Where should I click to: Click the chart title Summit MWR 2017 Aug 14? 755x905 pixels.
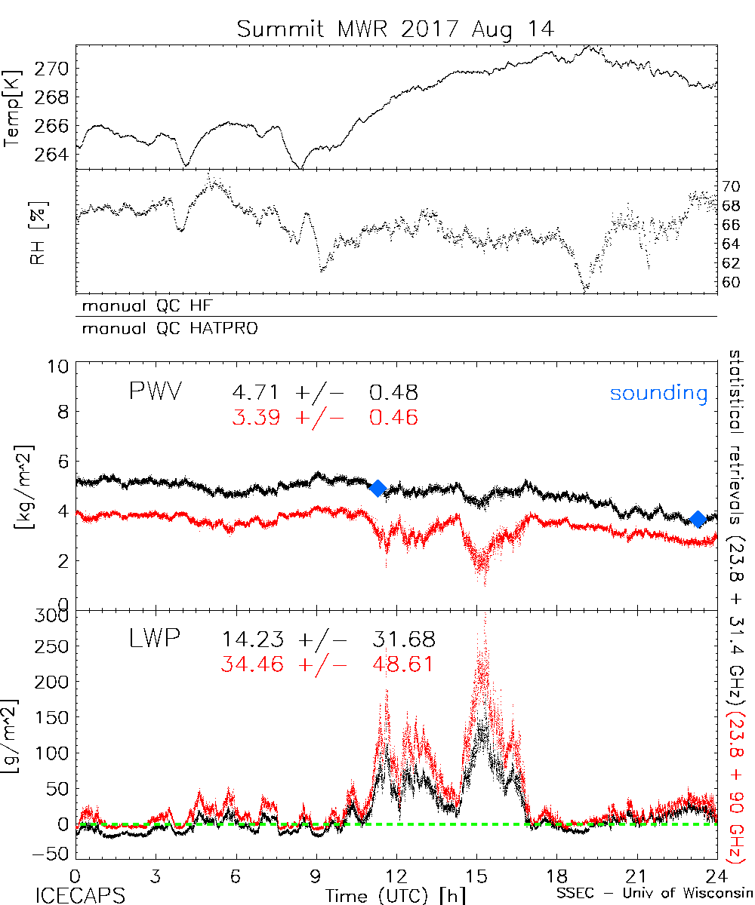point(396,29)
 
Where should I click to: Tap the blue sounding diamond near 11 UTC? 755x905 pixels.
point(378,488)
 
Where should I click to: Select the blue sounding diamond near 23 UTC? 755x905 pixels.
point(698,519)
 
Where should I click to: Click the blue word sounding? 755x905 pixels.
point(658,393)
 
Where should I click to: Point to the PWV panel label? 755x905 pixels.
point(156,392)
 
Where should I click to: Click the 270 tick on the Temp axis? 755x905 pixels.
point(54,69)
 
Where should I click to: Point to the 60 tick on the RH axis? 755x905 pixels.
point(732,282)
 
